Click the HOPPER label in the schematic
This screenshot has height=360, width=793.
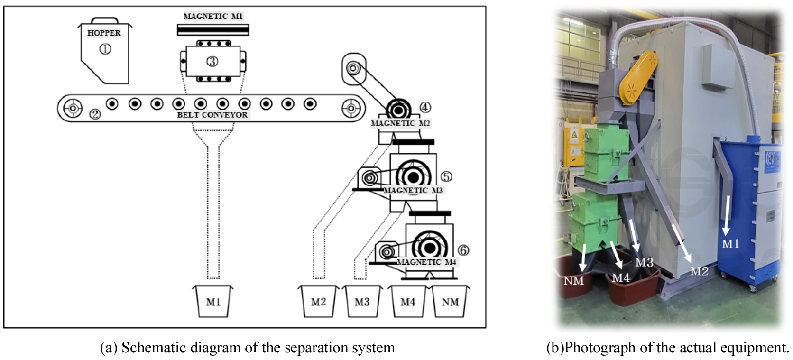[104, 33]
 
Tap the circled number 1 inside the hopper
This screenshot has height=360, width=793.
[105, 49]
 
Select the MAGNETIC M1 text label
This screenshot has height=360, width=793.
[212, 16]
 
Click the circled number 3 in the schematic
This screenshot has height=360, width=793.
[212, 61]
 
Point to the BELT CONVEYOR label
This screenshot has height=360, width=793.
[212, 115]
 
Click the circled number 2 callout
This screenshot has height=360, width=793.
[95, 114]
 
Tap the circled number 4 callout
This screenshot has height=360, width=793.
[425, 108]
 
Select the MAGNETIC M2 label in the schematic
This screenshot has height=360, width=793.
[400, 123]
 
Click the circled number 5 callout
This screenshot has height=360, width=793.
[446, 176]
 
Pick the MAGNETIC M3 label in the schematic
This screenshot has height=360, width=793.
[413, 190]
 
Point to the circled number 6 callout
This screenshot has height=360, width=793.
[463, 250]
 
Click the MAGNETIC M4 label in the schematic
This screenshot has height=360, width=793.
[426, 262]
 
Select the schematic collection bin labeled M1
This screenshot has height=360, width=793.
[213, 302]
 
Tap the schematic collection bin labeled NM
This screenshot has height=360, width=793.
[450, 302]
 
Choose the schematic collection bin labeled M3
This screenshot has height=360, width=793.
[362, 302]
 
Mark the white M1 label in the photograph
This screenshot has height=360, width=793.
[730, 244]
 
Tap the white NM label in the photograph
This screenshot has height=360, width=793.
[573, 281]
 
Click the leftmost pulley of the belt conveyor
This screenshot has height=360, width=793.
[73, 108]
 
